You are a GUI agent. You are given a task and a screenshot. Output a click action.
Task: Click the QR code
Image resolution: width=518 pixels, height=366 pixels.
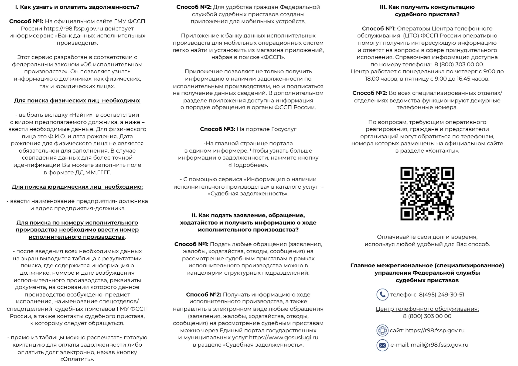(427, 194)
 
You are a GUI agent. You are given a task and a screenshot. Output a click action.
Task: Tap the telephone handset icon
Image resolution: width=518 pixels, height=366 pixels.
(382, 295)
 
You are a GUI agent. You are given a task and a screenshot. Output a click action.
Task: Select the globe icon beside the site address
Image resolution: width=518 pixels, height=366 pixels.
(382, 330)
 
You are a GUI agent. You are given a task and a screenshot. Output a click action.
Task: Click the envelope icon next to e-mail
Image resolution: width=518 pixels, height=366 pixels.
(382, 345)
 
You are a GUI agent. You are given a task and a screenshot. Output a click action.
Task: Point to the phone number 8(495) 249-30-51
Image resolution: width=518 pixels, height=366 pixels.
(441, 295)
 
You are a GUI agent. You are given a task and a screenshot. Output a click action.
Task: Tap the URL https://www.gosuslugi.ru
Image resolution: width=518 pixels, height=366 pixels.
(284, 337)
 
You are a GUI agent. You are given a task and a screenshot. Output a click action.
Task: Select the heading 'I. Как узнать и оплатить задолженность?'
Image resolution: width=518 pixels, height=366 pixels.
(77, 7)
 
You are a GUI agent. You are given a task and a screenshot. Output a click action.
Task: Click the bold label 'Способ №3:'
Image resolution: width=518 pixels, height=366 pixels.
(217, 129)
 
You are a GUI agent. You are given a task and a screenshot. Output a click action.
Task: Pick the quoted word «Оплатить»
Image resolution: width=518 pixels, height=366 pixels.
(77, 359)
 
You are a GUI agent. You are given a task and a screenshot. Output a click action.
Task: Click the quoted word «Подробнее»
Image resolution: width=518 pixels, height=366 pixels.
(248, 165)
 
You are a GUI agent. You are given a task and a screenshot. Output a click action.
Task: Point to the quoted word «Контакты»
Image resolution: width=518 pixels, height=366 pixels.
(442, 151)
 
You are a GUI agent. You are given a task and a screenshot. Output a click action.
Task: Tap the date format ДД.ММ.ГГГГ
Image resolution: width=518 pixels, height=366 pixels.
(93, 172)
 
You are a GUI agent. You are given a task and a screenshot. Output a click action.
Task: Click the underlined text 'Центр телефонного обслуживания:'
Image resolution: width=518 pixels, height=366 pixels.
(427, 309)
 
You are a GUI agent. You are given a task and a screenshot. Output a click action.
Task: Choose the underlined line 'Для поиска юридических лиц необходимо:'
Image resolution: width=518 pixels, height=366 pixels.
(77, 187)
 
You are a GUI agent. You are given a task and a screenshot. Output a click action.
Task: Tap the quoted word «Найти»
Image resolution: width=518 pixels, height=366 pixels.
(81, 115)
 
